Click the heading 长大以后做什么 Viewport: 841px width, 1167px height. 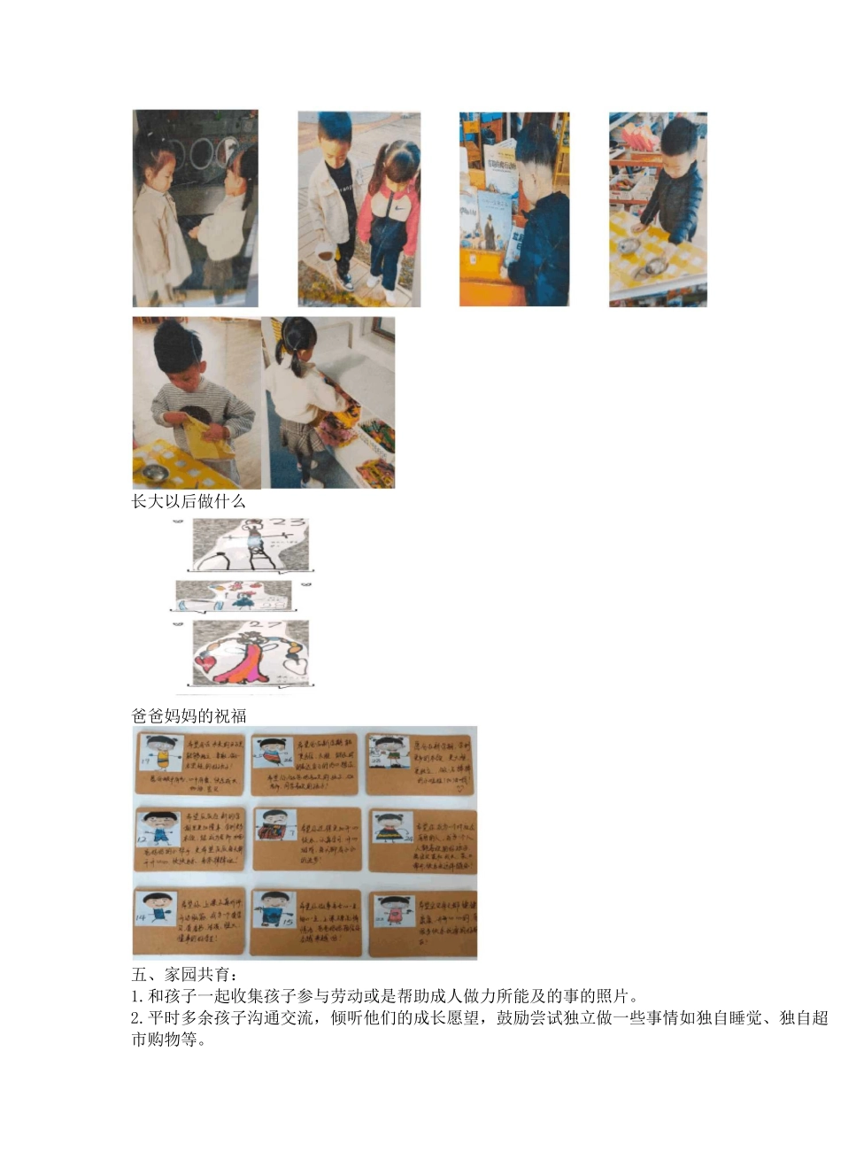(188, 501)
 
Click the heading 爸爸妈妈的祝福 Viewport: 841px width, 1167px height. (188, 715)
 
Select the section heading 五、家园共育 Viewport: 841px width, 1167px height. (183, 975)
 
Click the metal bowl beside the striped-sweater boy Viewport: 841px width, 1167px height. (154, 471)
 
